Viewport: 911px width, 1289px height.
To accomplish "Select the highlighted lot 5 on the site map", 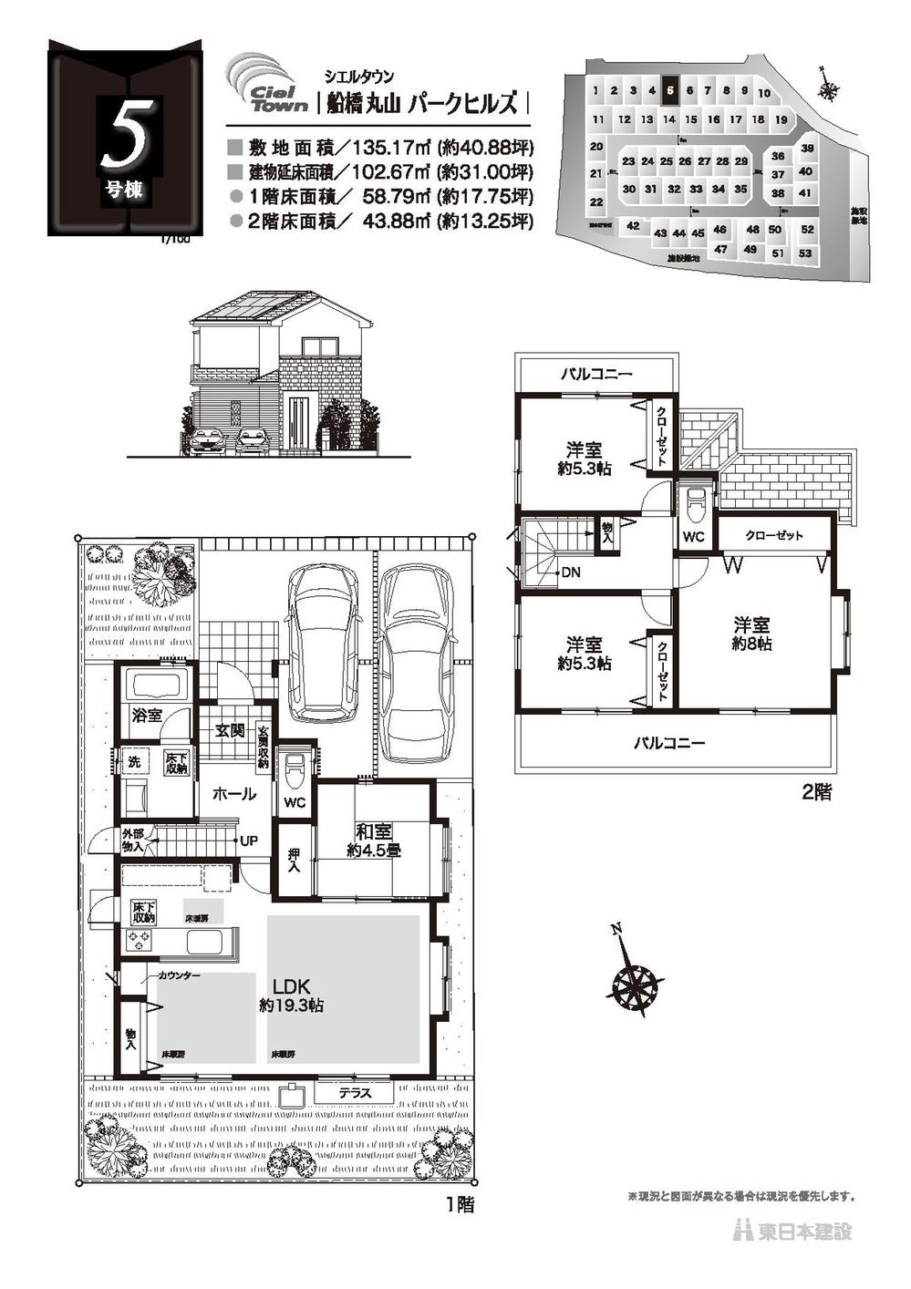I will (670, 90).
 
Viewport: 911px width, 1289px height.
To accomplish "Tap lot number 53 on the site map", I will (804, 253).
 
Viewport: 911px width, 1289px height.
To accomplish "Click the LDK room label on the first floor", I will (292, 986).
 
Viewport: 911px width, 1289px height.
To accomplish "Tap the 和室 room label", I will (374, 831).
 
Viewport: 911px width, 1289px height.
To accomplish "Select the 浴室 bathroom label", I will (147, 716).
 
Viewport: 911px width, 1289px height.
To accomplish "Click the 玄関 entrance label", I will (229, 729).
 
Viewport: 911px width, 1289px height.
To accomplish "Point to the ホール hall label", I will (233, 794).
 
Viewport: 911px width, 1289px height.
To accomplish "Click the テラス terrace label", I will (354, 1092).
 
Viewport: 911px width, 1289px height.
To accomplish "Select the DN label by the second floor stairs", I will (571, 572).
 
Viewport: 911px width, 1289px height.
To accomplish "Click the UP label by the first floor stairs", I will (247, 840).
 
